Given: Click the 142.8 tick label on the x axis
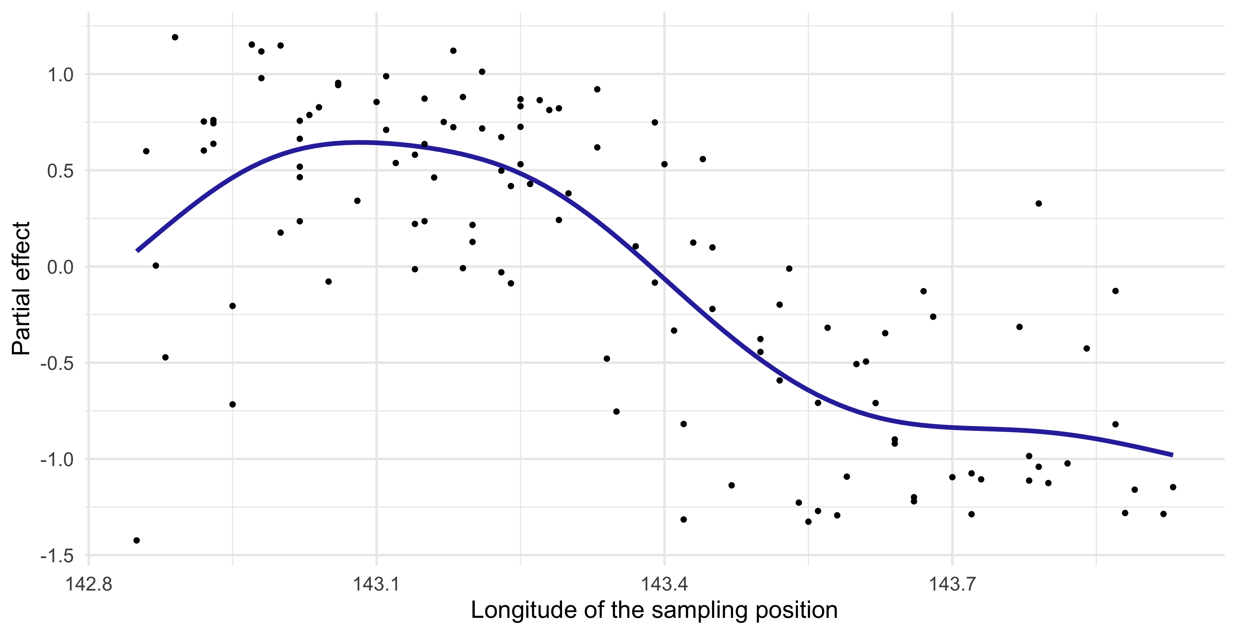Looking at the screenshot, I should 89,585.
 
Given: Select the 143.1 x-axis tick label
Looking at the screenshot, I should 376,585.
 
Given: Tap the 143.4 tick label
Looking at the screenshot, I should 664,585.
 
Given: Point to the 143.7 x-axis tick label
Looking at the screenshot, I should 952,585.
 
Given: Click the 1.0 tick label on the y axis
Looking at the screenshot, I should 60,75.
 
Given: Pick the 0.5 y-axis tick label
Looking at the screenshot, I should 60,171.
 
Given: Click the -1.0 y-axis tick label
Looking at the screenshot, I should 57,459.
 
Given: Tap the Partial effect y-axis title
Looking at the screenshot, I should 21,288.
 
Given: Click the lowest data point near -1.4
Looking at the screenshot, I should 136,540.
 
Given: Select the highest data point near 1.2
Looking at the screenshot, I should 175,37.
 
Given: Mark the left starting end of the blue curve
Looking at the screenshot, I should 137,251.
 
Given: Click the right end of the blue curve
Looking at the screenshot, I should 1173,455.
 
